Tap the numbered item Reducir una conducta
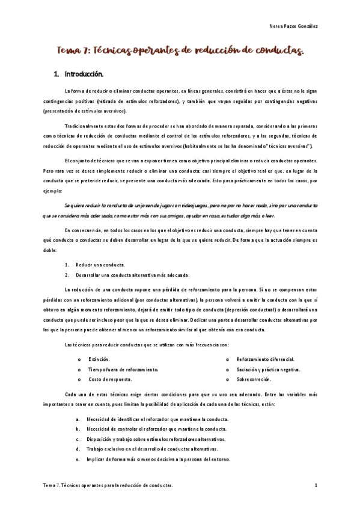pos(100,265)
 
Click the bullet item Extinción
pos(99,358)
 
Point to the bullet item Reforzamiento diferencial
pos(265,358)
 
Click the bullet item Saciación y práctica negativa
pos(268,369)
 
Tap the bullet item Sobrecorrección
pos(254,379)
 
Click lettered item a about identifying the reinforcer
pos(157,418)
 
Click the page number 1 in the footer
pos(316,484)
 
